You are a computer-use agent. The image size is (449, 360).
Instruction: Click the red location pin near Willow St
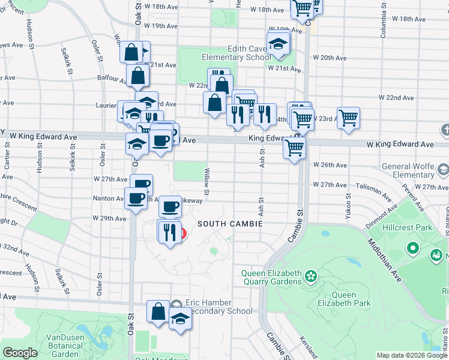tap(182, 234)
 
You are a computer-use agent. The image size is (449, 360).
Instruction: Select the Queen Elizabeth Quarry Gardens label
tap(271, 277)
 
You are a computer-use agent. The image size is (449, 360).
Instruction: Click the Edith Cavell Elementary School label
tap(236, 53)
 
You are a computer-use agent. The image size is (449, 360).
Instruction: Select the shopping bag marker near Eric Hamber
tap(158, 311)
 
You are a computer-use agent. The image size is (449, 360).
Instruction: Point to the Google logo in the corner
tap(20, 353)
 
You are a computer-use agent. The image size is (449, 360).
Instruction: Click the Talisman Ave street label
tap(368, 187)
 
